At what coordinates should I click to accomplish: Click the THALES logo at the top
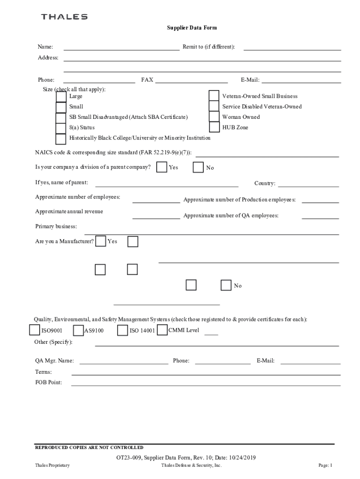(x=64, y=17)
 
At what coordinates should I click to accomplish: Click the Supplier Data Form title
(x=192, y=28)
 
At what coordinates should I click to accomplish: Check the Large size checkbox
(x=61, y=96)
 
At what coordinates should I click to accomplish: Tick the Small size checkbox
(x=61, y=107)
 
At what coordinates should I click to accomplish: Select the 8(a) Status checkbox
(x=61, y=128)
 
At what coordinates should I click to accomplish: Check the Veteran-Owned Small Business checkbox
(x=214, y=96)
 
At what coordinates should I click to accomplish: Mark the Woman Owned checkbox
(x=214, y=116)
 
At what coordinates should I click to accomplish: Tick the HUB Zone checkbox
(x=214, y=127)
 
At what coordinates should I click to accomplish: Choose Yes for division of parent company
(x=162, y=167)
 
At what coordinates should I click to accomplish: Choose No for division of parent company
(x=198, y=167)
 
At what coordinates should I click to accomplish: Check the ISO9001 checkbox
(x=35, y=330)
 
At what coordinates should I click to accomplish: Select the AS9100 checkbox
(x=79, y=331)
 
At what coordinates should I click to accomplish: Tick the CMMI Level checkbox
(x=162, y=330)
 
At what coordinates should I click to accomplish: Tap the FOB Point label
(x=48, y=382)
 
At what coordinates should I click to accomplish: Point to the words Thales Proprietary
(x=52, y=465)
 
